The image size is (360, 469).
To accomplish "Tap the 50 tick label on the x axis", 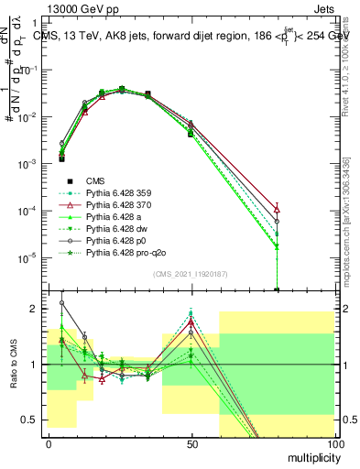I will [x=191, y=445].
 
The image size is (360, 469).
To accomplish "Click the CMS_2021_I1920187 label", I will [x=191, y=275].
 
